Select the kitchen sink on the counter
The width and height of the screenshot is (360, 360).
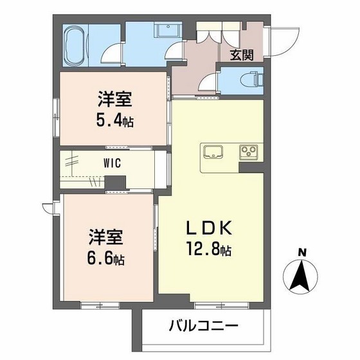(x=214, y=153)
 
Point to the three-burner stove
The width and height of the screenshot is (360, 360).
(x=249, y=153)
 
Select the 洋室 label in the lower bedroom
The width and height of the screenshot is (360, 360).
(x=107, y=238)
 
